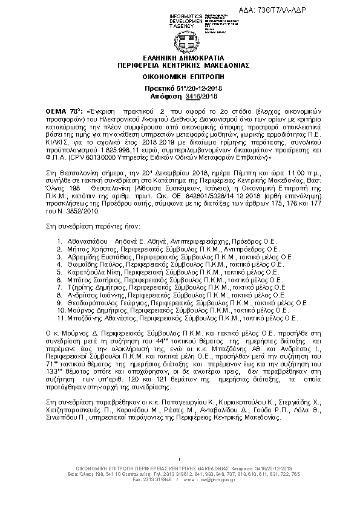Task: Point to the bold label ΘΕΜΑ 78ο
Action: point(64,112)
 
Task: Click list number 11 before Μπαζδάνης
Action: point(60,317)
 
